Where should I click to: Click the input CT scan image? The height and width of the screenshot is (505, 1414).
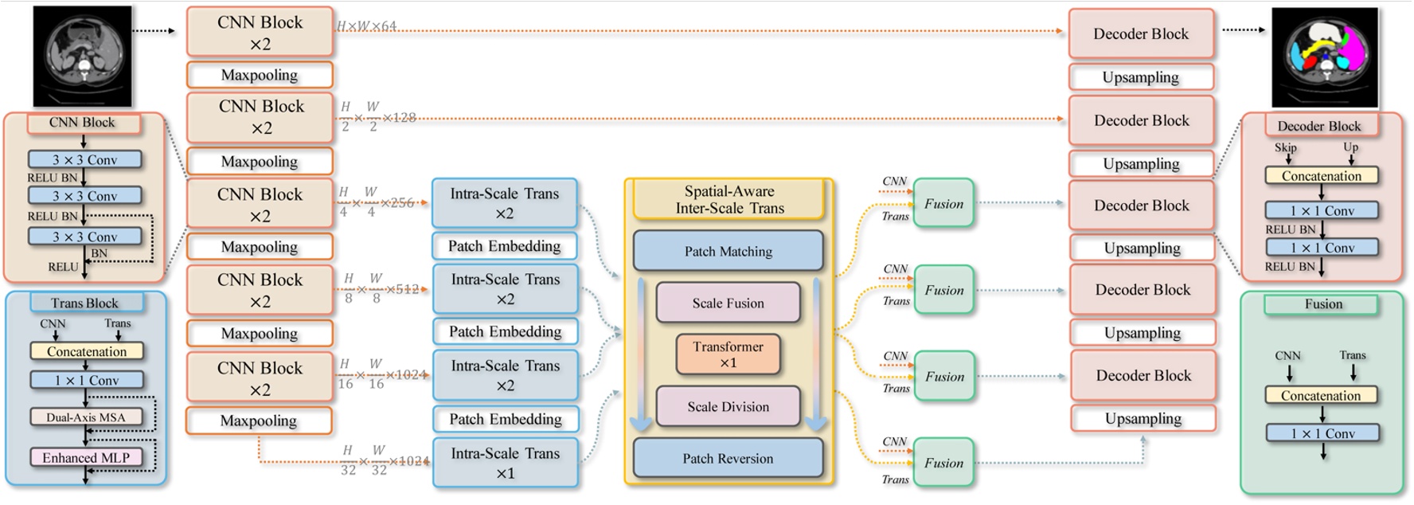[x=82, y=56]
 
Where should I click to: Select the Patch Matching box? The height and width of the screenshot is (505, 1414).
[x=728, y=251]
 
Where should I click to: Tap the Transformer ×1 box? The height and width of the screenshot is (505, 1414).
[x=728, y=354]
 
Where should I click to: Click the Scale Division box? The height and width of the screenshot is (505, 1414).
[x=728, y=406]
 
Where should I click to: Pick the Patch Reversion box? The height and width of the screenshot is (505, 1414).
[x=728, y=458]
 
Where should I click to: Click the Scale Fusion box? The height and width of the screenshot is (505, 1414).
[x=728, y=303]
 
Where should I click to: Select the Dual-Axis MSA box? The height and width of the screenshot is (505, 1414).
[x=86, y=417]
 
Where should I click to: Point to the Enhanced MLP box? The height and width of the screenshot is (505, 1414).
[x=86, y=457]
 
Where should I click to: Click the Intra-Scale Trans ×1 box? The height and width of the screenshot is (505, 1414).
[x=505, y=463]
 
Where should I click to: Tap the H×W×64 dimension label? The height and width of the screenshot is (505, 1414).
[x=366, y=26]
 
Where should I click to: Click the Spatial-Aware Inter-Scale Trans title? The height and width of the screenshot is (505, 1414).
[x=729, y=199]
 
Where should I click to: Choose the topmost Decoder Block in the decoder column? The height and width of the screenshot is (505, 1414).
[x=1140, y=33]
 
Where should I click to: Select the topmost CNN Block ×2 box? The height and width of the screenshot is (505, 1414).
[x=260, y=33]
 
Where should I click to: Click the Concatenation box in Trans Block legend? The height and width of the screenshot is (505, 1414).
[x=86, y=351]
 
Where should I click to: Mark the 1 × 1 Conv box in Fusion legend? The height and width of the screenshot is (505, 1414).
[x=1322, y=433]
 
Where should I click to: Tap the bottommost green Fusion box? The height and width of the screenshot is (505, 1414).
[x=943, y=463]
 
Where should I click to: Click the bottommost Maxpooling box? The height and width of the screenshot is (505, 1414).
[x=259, y=421]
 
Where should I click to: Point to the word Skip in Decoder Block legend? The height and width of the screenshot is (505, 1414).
[x=1285, y=147]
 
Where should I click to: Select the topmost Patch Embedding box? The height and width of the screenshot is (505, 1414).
[x=504, y=246]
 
